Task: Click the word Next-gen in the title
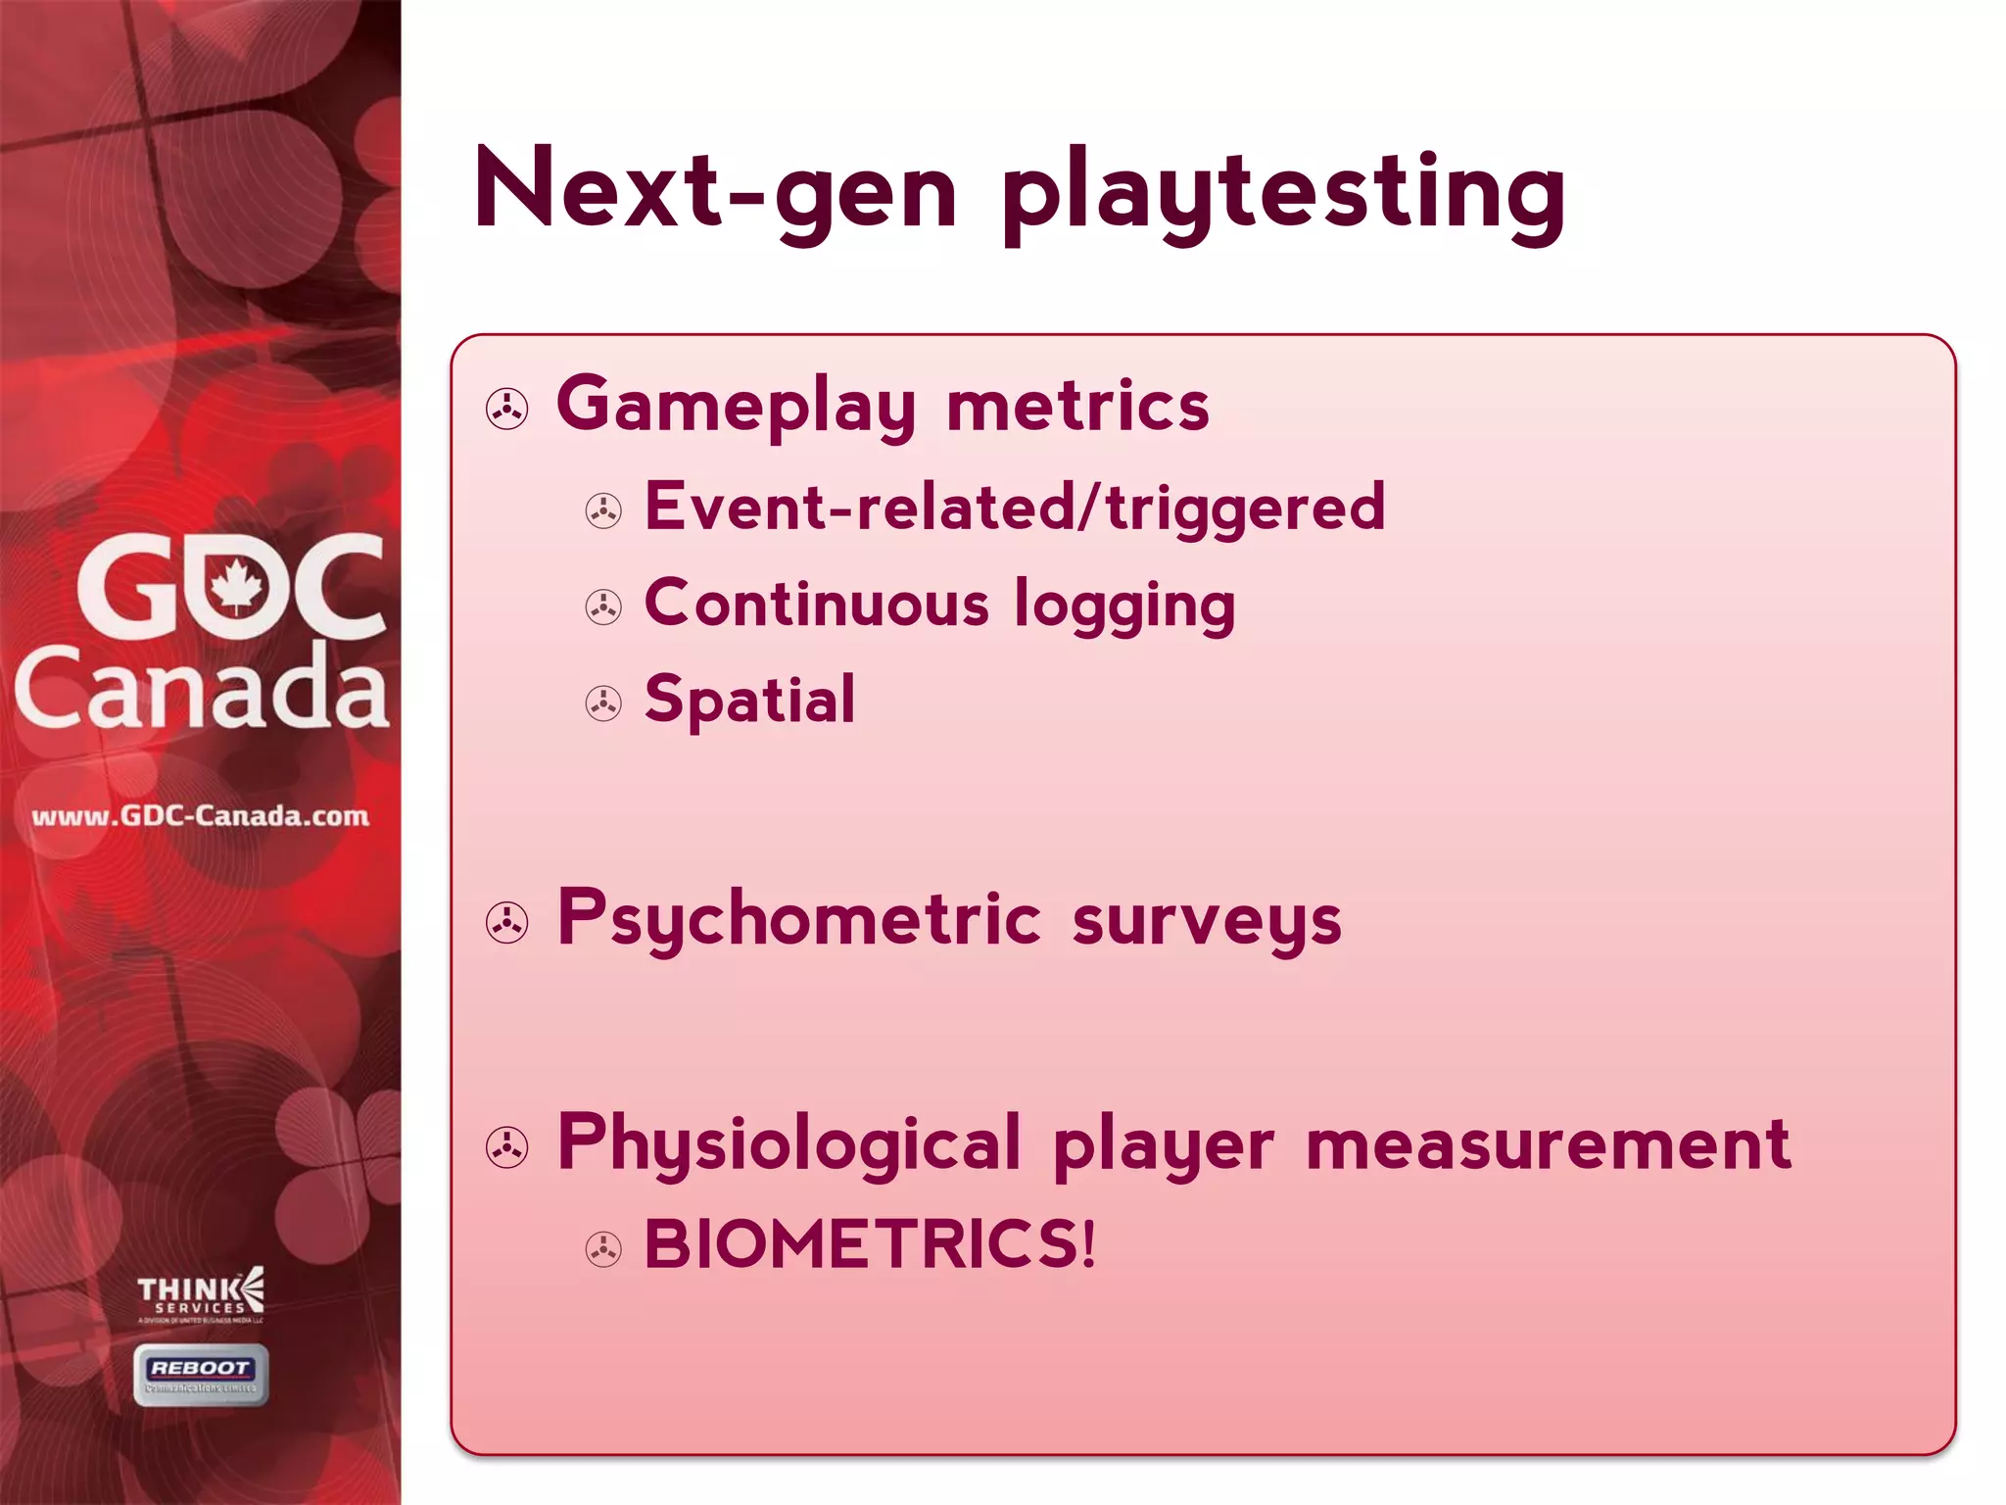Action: pyautogui.click(x=715, y=191)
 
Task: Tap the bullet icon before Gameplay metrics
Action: pyautogui.click(x=507, y=410)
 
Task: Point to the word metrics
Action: pyautogui.click(x=1077, y=407)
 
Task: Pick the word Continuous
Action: pyautogui.click(x=817, y=605)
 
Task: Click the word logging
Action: pyautogui.click(x=1124, y=607)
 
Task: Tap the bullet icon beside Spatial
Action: pyautogui.click(x=603, y=704)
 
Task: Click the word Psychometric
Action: pyautogui.click(x=799, y=921)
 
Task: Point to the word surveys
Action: pyautogui.click(x=1207, y=923)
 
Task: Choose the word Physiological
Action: pyautogui.click(x=789, y=1144)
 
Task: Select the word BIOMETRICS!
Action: pyautogui.click(x=870, y=1245)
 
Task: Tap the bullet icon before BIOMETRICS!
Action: pyautogui.click(x=603, y=1249)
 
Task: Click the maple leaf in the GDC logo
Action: pyautogui.click(x=236, y=587)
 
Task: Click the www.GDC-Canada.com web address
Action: pyautogui.click(x=201, y=816)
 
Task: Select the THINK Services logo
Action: pyautogui.click(x=201, y=1294)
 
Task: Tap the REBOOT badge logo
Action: pyautogui.click(x=201, y=1375)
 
